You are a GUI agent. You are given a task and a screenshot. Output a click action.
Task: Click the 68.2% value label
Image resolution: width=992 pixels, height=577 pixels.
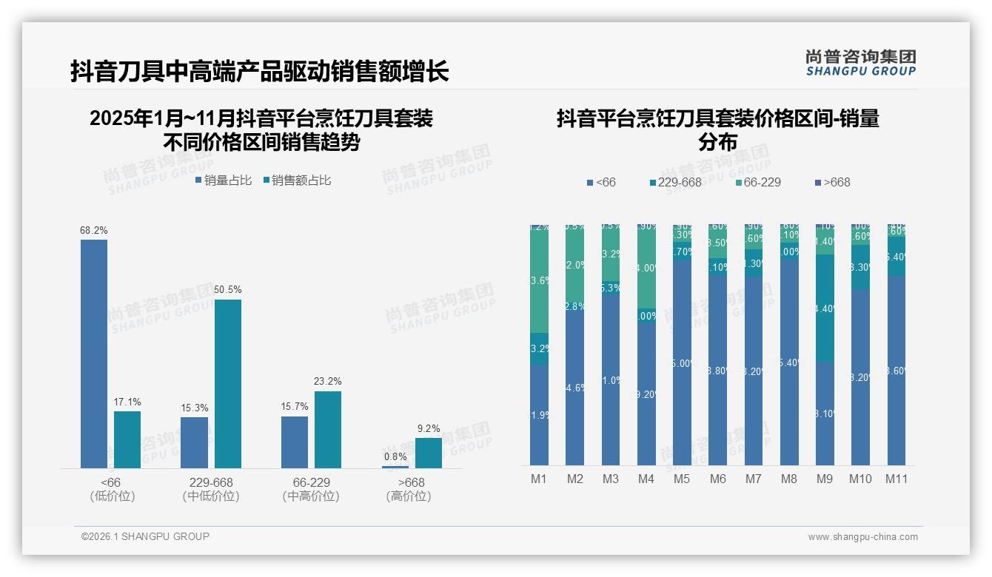coord(94,231)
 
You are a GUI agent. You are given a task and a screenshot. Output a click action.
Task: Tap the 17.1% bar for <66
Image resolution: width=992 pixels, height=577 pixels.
coord(127,439)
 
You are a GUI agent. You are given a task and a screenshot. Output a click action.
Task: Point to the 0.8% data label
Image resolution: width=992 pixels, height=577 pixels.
coord(395,457)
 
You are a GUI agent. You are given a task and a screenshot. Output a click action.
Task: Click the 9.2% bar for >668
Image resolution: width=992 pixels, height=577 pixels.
coord(428,453)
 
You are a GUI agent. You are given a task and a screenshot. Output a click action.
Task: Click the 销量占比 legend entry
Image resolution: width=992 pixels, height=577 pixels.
coord(224,180)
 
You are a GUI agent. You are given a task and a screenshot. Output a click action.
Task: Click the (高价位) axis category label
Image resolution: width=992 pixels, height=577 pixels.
coord(409,496)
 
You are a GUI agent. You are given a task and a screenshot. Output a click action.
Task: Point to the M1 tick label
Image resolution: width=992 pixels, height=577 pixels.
coord(539,479)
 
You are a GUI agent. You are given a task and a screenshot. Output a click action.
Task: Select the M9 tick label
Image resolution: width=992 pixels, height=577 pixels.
coord(825,479)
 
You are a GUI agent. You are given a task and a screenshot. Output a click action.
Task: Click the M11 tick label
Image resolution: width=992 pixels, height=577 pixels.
coord(897,479)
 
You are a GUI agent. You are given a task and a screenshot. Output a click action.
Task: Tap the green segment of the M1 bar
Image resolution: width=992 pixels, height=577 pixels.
coord(539,281)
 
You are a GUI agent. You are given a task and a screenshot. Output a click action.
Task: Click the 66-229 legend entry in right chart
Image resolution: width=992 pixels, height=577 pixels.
coord(759,182)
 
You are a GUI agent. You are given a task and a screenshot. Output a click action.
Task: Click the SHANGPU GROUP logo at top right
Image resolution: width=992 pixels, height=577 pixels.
coord(861,63)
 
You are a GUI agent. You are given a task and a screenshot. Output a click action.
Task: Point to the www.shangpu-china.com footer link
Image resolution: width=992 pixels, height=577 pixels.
coord(862,537)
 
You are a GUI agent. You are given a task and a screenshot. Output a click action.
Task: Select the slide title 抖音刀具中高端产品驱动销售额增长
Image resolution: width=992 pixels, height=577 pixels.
coord(259,72)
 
